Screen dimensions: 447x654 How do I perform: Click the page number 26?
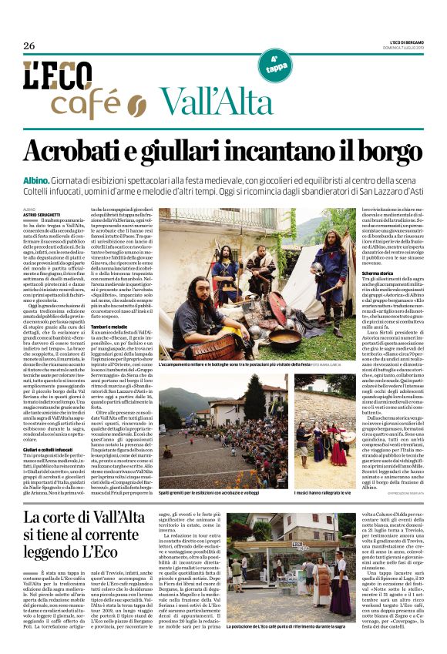(x=29, y=45)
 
